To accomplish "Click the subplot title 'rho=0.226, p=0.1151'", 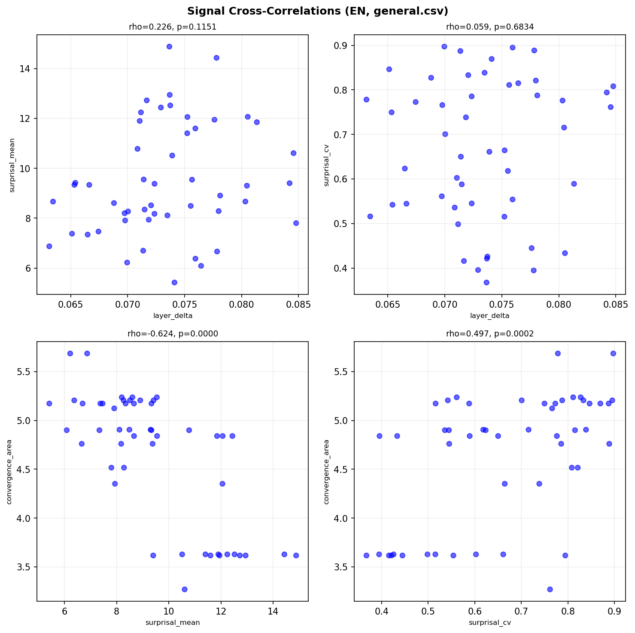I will [x=173, y=27].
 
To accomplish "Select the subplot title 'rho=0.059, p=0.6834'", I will [x=490, y=27].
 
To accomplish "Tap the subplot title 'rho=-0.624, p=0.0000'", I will [x=173, y=334].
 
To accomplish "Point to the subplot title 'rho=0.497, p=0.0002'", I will [x=490, y=334].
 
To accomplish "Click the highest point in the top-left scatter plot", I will [x=169, y=46].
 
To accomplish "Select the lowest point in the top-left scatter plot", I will [x=174, y=282].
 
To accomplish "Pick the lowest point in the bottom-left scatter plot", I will [x=185, y=589].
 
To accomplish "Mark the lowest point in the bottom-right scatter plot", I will [x=550, y=589].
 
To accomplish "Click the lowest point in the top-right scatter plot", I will [x=486, y=282].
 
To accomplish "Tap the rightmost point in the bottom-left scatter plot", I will [x=296, y=555].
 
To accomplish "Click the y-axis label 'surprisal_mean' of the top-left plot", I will [x=12, y=165].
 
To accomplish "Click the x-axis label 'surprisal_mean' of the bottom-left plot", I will [x=173, y=623].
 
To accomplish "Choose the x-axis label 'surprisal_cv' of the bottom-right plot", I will [x=490, y=623].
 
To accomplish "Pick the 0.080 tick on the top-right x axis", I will [x=559, y=304].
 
